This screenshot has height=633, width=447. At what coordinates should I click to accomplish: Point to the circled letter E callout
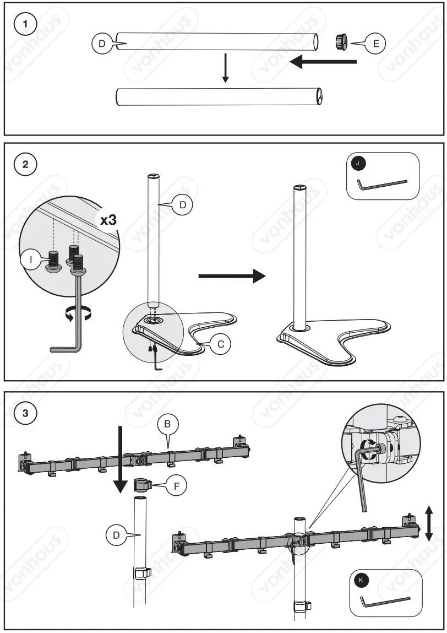pos(375,44)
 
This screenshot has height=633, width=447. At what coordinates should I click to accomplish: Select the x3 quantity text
pos(108,219)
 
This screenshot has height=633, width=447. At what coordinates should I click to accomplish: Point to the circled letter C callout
pos(220,344)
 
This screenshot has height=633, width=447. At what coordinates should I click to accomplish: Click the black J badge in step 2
pos(359,163)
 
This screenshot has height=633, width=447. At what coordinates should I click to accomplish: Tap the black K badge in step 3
pos(361,580)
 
